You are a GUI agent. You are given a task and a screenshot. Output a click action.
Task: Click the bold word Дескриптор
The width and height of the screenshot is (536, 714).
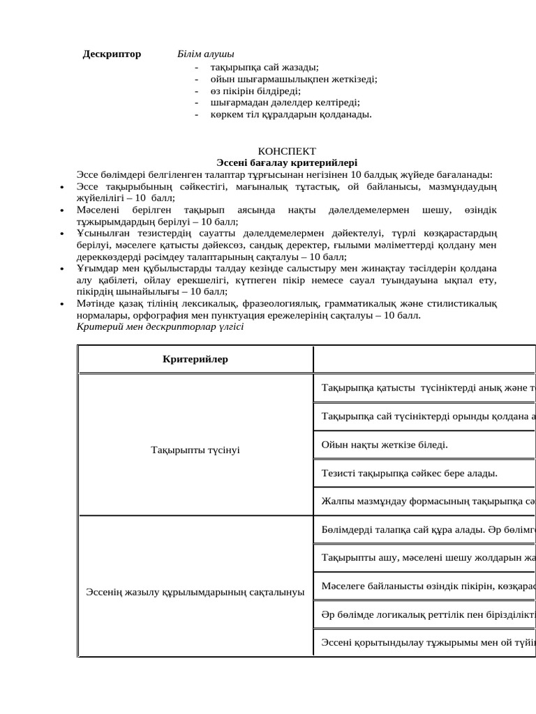click(112, 54)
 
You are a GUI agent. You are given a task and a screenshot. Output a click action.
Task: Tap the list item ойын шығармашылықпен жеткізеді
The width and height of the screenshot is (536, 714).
click(293, 79)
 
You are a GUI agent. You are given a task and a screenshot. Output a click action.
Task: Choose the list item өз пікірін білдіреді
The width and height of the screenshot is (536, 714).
click(255, 91)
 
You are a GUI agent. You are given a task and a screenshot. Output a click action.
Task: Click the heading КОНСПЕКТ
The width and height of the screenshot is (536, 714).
click(287, 151)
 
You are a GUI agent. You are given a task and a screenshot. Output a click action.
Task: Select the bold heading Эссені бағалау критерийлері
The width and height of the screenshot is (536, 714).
click(287, 162)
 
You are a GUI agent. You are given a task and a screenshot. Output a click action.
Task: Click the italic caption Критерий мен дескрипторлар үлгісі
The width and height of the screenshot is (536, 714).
click(160, 326)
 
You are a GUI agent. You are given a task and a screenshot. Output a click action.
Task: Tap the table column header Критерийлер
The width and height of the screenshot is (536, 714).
click(195, 359)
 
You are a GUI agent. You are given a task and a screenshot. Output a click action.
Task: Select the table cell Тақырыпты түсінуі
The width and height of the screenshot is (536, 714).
click(195, 450)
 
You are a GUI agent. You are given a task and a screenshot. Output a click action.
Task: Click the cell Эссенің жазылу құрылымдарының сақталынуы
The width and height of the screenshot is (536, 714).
click(195, 592)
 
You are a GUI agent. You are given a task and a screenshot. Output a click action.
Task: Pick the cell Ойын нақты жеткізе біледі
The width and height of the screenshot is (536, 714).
click(385, 444)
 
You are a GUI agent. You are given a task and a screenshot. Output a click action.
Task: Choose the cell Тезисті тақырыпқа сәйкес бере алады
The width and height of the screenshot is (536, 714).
click(409, 473)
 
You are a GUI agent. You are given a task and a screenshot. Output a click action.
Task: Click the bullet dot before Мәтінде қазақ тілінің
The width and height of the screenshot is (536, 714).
click(62, 304)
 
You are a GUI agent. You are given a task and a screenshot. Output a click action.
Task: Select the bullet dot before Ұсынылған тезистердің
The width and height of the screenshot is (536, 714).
click(62, 233)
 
